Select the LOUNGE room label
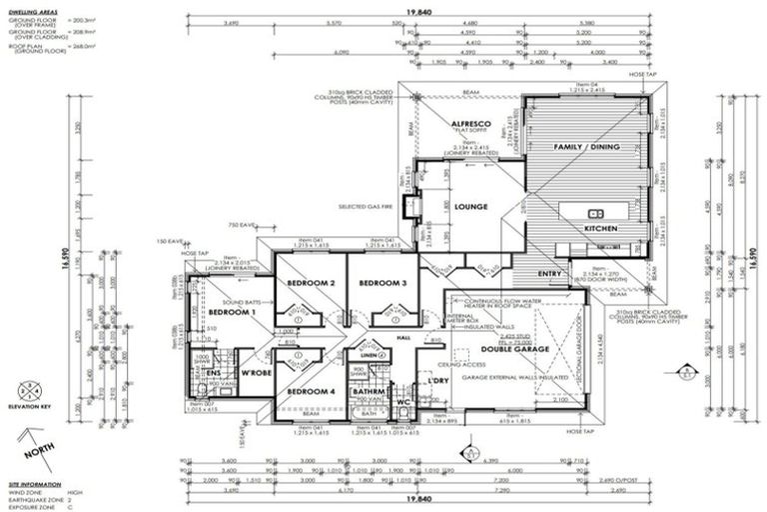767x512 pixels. [470, 207]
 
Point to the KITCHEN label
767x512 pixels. [601, 229]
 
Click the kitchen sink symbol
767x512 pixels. [596, 213]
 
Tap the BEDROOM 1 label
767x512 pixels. [232, 313]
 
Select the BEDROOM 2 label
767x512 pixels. [311, 283]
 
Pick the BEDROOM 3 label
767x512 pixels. [383, 283]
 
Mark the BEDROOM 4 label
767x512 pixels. [311, 392]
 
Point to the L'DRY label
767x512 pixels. [437, 381]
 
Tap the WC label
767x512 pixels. [404, 402]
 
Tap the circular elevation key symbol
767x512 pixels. [29, 391]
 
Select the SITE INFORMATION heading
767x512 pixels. [33, 483]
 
